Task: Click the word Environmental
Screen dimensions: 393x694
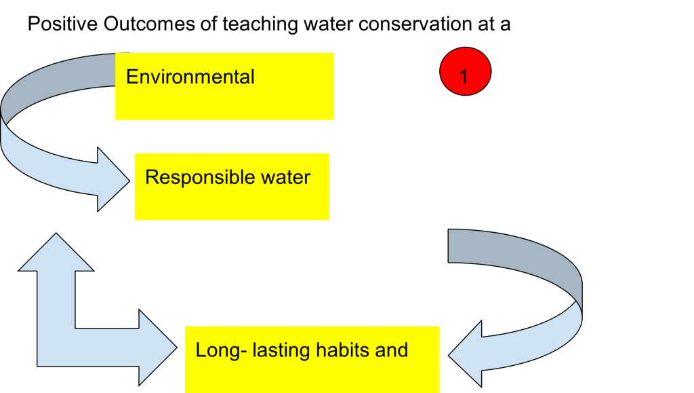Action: (x=190, y=77)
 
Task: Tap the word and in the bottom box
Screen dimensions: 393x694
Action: (x=392, y=350)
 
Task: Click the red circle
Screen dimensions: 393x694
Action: (x=465, y=72)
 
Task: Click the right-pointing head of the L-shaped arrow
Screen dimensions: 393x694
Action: (x=157, y=346)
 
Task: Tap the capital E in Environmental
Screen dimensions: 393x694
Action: (x=132, y=77)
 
